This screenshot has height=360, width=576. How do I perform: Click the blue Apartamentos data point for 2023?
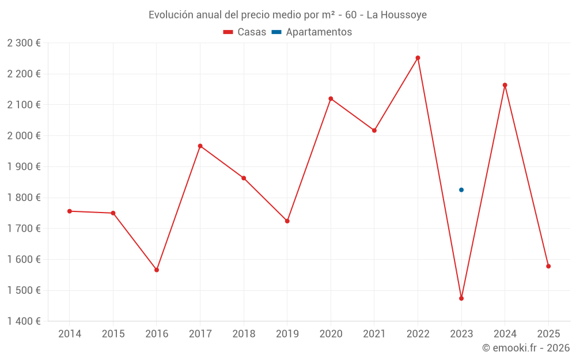point(461,190)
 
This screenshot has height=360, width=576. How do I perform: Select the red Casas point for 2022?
point(418,58)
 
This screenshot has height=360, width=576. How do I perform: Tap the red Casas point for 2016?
point(157,270)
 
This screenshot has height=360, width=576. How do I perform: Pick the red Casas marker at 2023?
point(461,298)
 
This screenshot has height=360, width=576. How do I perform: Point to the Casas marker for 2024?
point(505,85)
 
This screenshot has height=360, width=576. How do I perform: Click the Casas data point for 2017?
point(200,146)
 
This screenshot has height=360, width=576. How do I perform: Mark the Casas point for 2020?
point(331,98)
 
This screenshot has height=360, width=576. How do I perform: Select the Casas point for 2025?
point(548,266)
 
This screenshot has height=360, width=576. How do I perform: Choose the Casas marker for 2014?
point(70,211)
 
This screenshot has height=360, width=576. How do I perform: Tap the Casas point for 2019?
point(287,221)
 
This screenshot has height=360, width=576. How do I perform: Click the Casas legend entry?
point(245,32)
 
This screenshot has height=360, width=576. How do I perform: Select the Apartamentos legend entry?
point(312,32)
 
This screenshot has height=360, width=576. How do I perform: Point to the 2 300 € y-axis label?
point(24,43)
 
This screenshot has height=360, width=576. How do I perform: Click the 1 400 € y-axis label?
point(24,321)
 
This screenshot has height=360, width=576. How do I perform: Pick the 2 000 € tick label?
point(24,135)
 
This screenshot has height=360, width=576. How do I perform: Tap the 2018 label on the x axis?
point(244,334)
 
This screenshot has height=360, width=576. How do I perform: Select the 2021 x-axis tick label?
point(374,334)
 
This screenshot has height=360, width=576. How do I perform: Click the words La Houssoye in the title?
point(397,15)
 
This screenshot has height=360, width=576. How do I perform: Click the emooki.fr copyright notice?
point(526,348)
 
